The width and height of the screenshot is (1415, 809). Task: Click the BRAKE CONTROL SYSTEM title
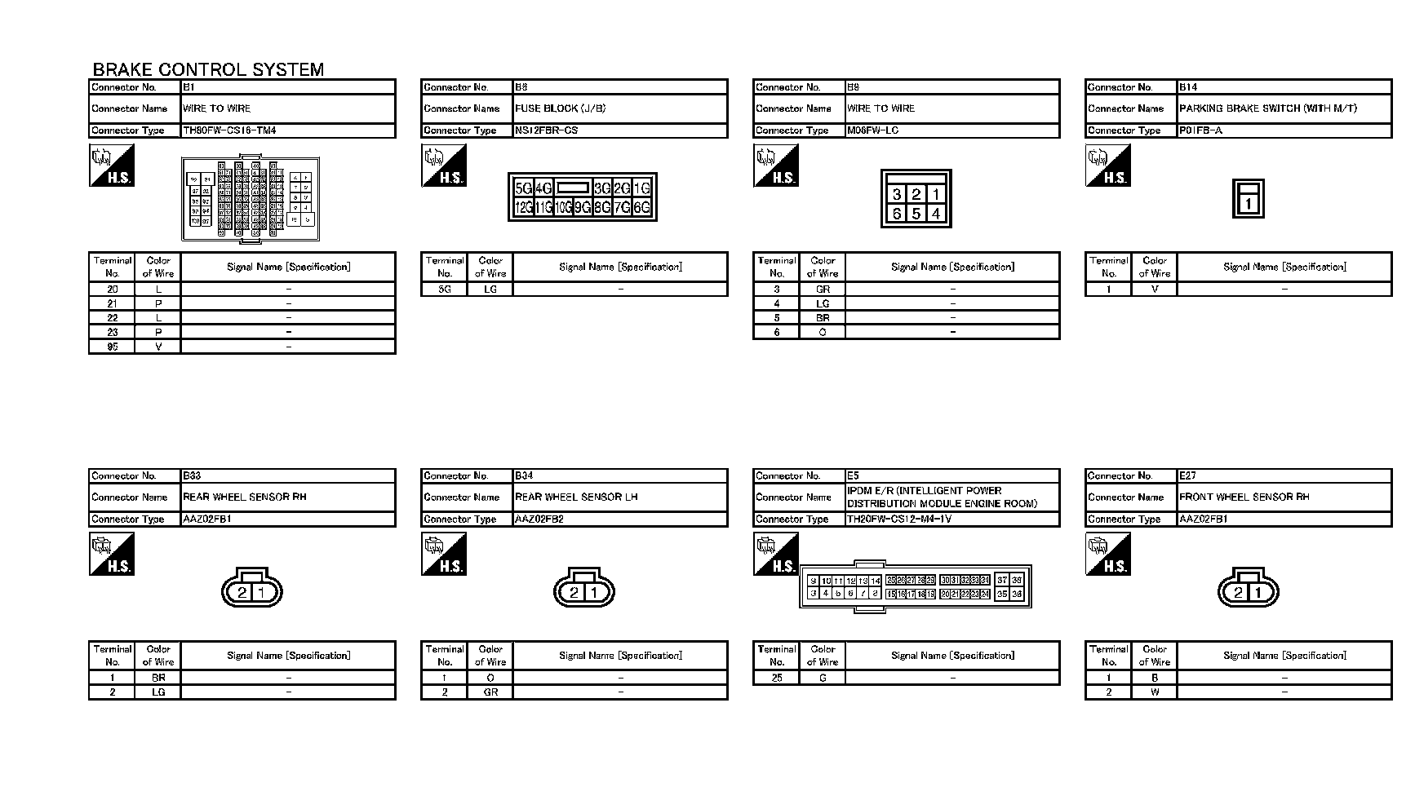208,69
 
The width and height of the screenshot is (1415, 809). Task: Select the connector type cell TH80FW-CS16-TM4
229,130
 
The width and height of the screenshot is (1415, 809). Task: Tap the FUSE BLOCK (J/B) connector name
560,108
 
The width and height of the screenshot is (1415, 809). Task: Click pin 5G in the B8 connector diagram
523,188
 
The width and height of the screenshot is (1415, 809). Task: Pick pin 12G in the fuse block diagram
523,208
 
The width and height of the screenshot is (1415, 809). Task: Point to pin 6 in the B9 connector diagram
897,214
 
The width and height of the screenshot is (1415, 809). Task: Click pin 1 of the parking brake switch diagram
1248,204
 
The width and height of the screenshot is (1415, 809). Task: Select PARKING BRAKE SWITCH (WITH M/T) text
1267,108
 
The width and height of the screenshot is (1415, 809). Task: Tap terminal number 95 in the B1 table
113,347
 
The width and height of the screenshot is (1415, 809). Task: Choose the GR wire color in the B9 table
823,290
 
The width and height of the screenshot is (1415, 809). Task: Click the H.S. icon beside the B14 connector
1108,166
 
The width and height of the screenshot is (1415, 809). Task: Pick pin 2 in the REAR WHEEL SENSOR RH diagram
242,593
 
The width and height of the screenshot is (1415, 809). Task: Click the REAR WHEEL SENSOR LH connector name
576,497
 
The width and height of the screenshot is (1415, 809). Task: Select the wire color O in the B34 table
490,678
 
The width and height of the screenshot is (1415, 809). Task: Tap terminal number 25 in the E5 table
777,678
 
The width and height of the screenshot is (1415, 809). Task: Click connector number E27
1187,475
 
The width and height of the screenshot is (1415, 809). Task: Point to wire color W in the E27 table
1155,692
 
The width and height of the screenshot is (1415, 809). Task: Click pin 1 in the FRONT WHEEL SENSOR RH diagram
1258,593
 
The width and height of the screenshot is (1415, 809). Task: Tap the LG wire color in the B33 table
158,692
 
